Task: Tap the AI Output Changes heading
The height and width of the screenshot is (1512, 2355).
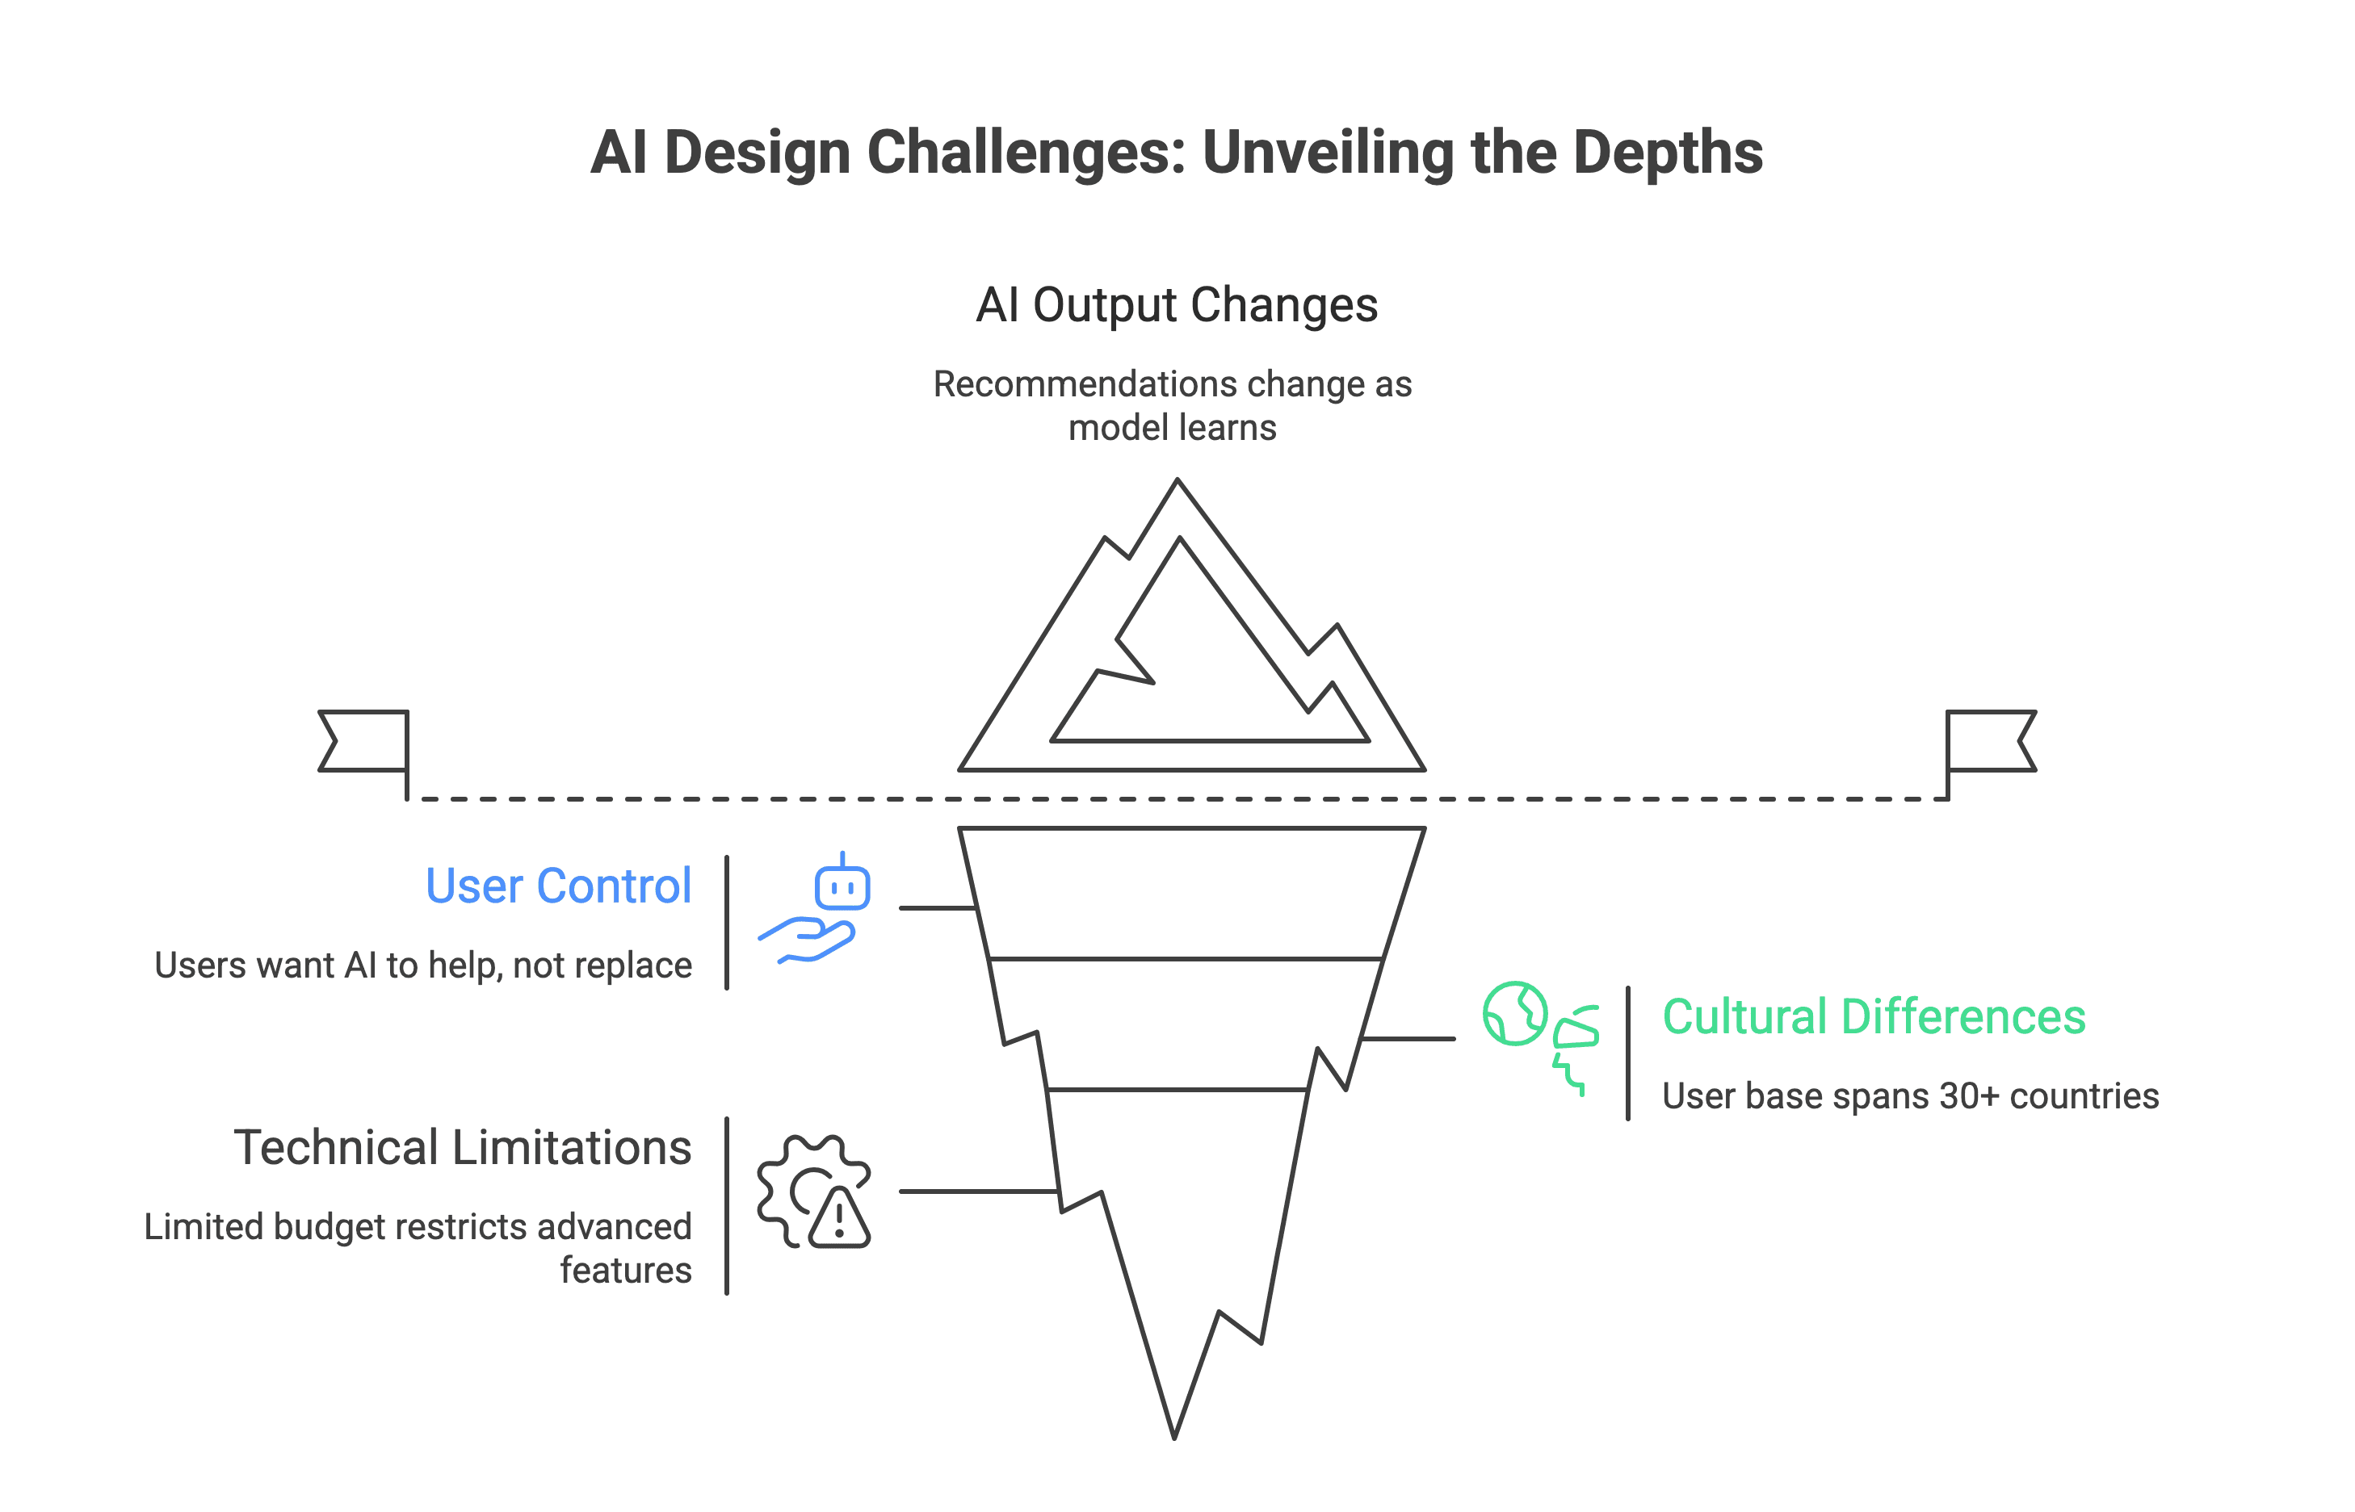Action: (1177, 304)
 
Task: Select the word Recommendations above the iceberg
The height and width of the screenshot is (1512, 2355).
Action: (1055, 384)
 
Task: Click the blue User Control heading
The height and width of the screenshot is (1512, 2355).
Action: (558, 886)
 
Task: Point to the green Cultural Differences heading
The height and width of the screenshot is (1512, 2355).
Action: (1874, 1016)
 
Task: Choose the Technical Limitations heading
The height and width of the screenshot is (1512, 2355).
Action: (463, 1147)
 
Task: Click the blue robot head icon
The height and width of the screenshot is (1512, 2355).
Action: (842, 886)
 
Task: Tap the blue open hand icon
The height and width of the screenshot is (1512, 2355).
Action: (808, 940)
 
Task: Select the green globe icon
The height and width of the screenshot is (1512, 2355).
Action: (1514, 1013)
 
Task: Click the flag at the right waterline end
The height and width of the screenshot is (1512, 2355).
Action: (1990, 741)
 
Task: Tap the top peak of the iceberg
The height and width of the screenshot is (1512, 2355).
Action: (1177, 482)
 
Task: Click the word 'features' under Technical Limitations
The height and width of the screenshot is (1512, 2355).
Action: (626, 1271)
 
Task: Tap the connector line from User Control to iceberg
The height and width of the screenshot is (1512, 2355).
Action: (936, 908)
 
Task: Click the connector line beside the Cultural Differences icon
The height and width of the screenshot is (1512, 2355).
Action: (1408, 1038)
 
